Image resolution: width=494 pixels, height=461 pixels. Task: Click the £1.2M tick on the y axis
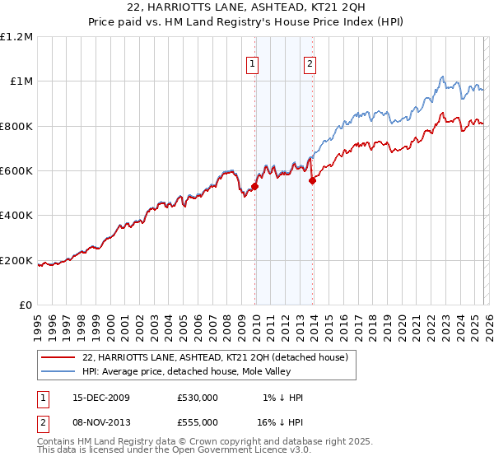coord(18,36)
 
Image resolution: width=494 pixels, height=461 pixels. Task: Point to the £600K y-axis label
coord(16,171)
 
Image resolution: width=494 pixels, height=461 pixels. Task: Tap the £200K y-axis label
coord(16,261)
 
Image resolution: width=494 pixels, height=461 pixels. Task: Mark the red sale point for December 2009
coord(254,186)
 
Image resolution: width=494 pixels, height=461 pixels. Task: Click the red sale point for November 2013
coord(312,181)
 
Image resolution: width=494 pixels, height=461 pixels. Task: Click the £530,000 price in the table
coord(197,398)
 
